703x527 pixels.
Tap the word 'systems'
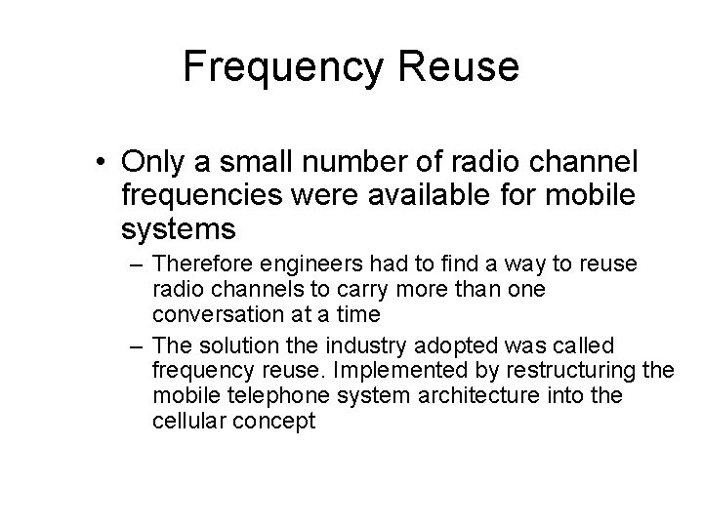180,229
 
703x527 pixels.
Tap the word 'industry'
369,345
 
